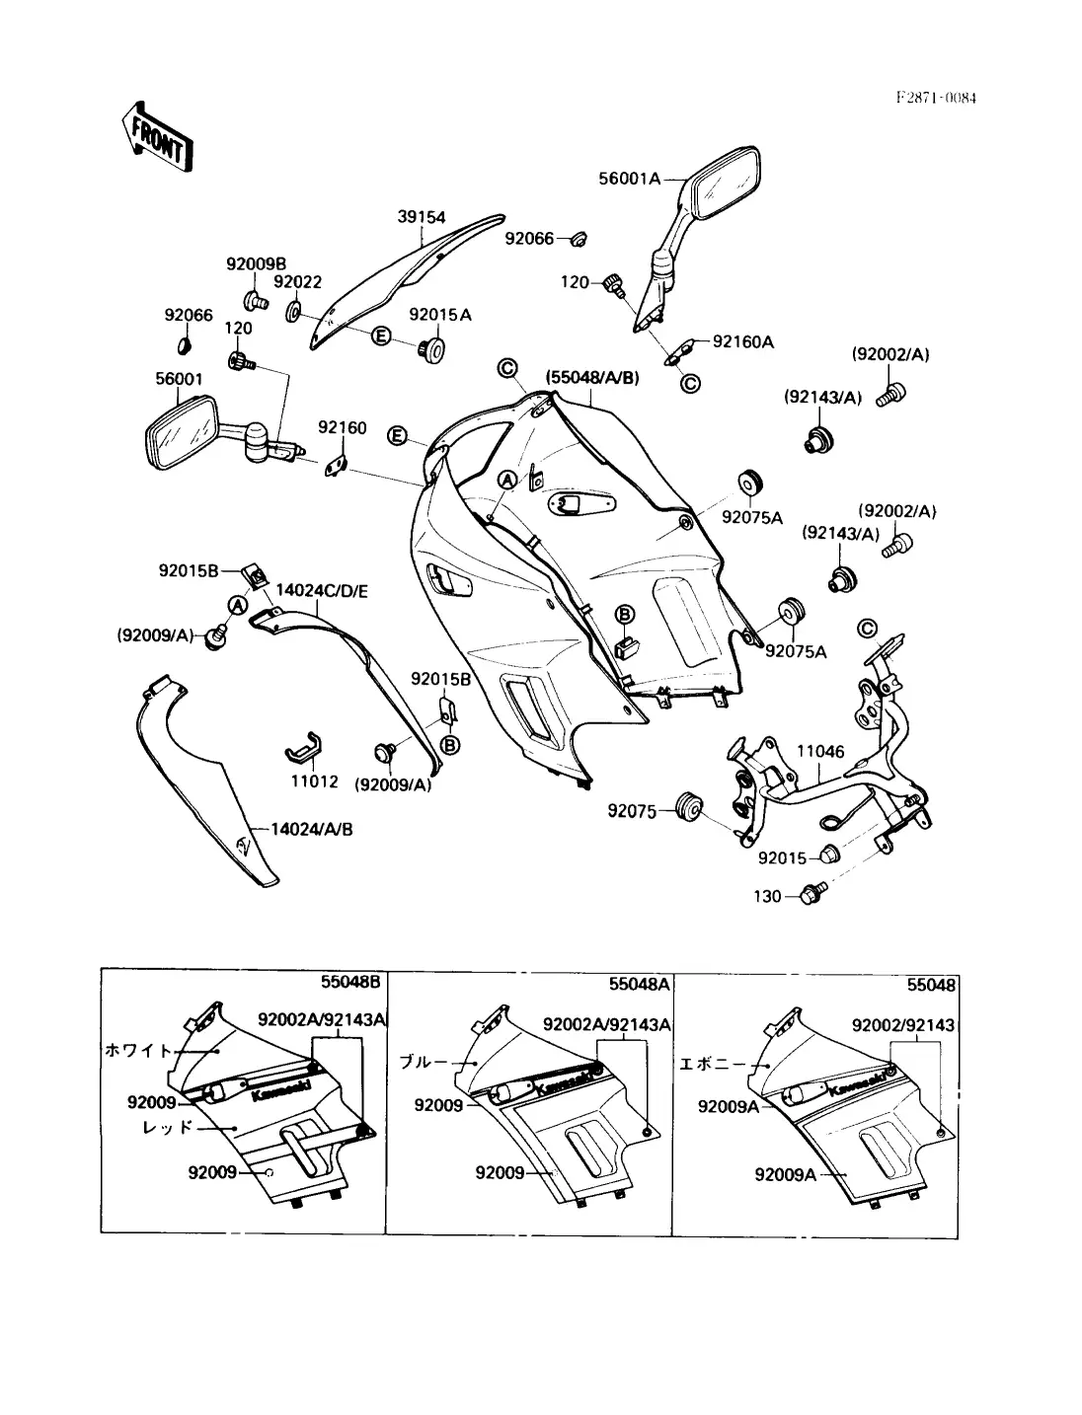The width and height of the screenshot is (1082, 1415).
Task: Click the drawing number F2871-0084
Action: [936, 98]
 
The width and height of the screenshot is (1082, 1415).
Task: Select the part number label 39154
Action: [422, 217]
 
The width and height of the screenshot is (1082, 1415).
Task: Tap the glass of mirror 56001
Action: [181, 434]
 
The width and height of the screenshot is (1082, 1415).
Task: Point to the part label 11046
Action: [820, 752]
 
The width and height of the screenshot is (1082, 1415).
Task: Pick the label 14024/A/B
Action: [310, 829]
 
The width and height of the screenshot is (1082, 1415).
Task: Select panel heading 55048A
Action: [640, 984]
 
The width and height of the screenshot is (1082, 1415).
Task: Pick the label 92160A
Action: [743, 342]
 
